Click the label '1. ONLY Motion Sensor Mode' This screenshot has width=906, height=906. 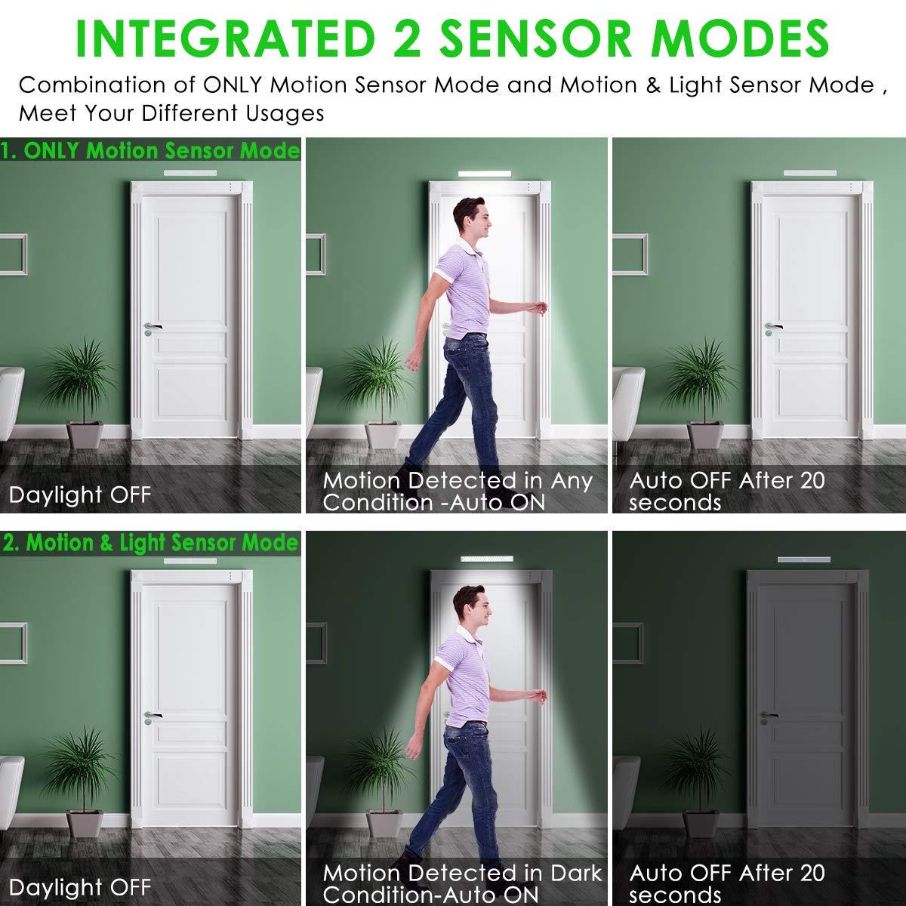pos(150,151)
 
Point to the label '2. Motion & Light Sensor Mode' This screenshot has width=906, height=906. pos(150,543)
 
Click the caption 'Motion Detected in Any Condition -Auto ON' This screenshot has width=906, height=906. pos(458,491)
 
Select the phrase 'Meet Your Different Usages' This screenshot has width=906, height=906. pos(171,114)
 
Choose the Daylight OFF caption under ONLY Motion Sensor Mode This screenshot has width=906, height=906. pos(80,495)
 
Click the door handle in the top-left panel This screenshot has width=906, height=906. pos(154,327)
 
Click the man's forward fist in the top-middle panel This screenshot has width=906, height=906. pos(538,307)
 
